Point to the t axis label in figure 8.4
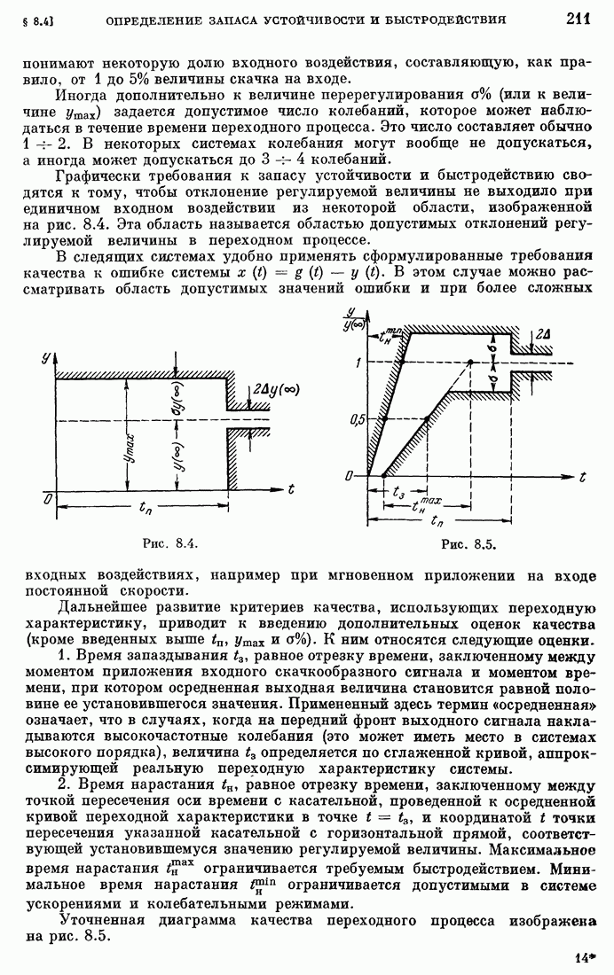click(x=290, y=487)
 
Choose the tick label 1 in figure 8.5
click(x=360, y=363)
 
